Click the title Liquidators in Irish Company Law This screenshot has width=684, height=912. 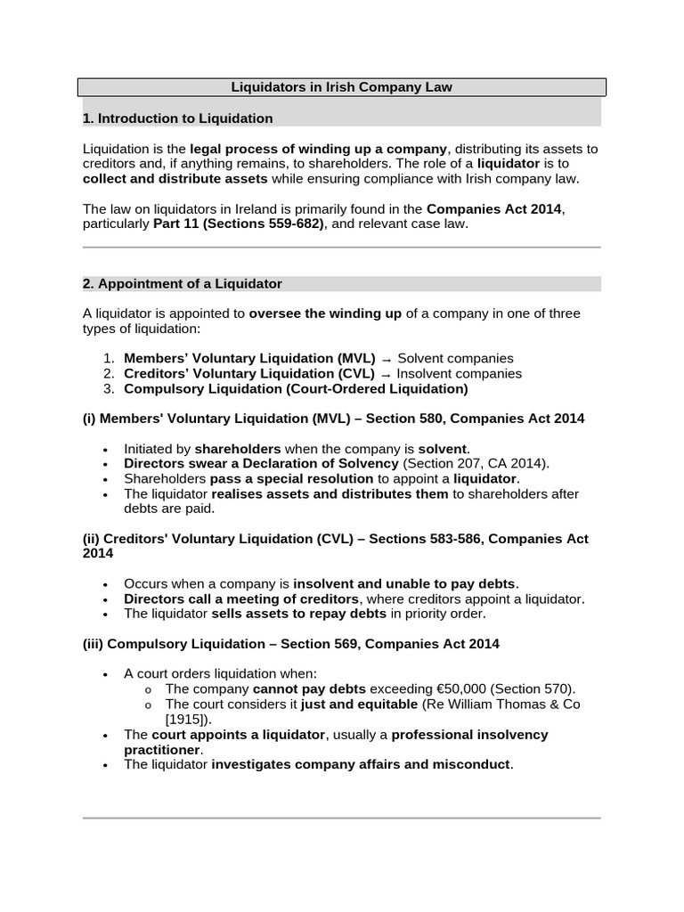point(342,87)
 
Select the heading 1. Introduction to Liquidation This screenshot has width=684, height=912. point(177,118)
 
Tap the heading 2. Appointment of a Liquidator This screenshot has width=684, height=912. point(182,284)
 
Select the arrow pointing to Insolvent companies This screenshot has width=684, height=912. point(386,374)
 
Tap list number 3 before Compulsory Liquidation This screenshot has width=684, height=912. point(109,389)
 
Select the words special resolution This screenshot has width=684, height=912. point(319,479)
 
